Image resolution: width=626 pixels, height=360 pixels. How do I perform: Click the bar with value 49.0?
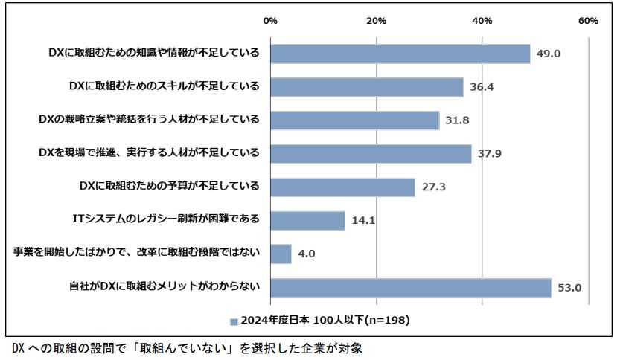coord(400,54)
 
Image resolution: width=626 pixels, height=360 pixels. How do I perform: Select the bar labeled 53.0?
coord(410,287)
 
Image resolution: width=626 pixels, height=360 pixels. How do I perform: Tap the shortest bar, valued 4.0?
coord(281,254)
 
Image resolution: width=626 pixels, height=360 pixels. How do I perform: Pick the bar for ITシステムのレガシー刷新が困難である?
coord(307,220)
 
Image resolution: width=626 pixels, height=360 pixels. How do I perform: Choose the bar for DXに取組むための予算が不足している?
coord(342,187)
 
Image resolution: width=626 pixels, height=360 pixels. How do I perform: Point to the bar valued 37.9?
coord(371,153)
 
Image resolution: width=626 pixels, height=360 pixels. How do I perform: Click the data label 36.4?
coord(482,87)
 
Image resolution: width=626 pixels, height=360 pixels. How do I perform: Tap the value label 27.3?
coord(433,187)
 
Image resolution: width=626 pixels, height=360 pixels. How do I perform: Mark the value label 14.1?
coord(363,221)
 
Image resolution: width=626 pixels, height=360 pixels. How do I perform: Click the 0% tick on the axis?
coord(271,21)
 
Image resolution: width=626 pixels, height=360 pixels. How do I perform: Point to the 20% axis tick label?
coord(377,21)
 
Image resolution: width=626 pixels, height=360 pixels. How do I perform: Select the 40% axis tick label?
coord(482,21)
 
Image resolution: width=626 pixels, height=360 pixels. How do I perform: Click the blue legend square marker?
coord(234,321)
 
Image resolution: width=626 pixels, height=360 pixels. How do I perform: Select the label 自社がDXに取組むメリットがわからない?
coord(159,286)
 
